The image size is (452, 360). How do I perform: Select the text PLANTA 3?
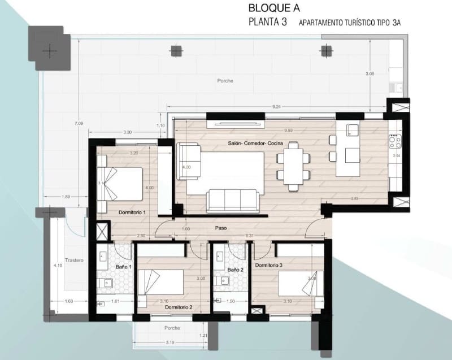[x=269, y=23]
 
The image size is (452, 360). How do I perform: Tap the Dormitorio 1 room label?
[x=132, y=212]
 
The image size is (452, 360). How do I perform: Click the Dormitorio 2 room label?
[x=179, y=307]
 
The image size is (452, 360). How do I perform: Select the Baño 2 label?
[x=236, y=270]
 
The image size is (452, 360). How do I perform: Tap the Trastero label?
[x=74, y=260]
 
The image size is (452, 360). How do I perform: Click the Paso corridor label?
[x=221, y=228]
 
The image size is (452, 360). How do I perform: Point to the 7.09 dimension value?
[x=79, y=123]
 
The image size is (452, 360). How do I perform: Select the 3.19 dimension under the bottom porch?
[x=169, y=342]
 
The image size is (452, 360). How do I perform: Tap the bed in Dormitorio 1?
[x=123, y=183]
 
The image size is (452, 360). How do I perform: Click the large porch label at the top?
[x=225, y=81]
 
